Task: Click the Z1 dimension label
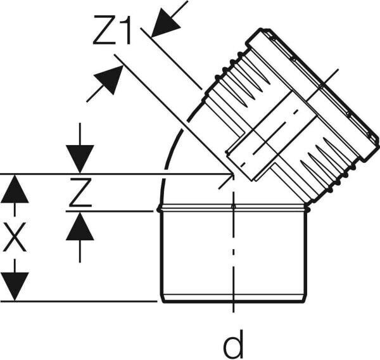112,30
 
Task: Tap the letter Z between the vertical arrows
80,192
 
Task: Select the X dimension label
15,237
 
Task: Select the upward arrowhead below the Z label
80,226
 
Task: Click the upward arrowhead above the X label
15,189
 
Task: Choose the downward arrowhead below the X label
15,286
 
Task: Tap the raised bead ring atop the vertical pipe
233,208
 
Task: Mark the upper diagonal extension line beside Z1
171,59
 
